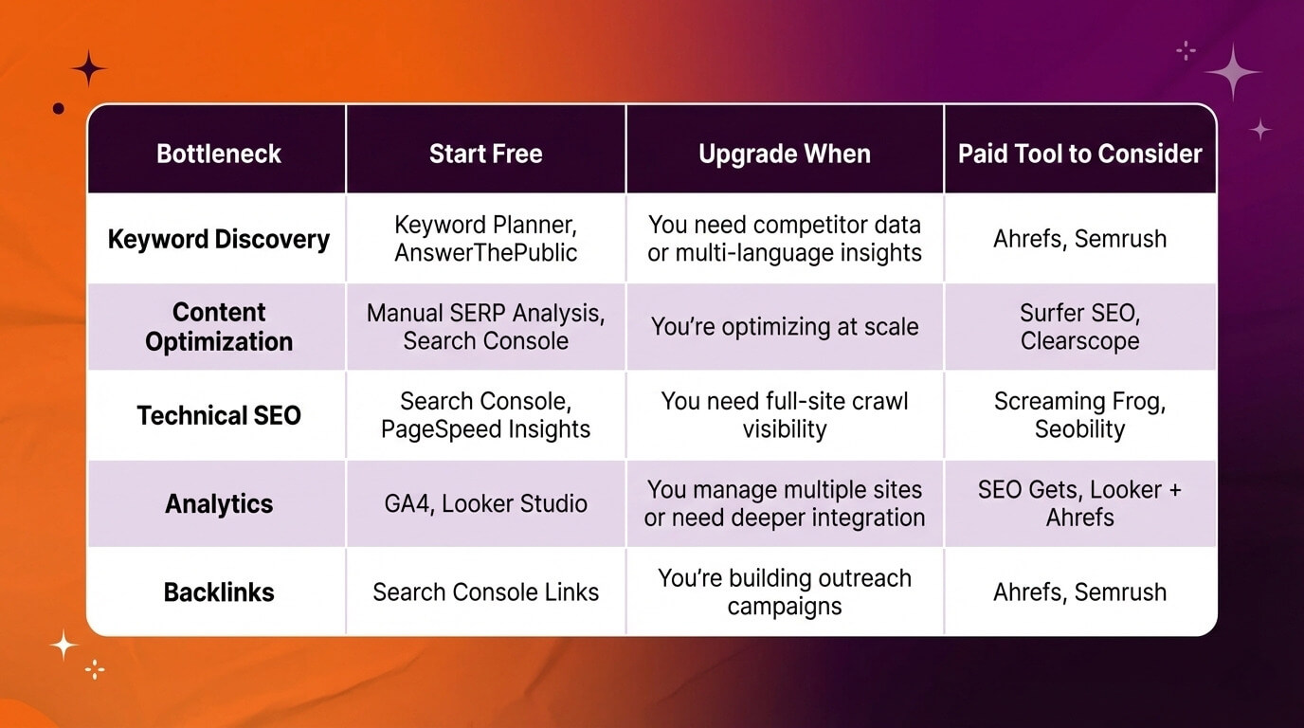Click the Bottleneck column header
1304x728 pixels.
point(218,154)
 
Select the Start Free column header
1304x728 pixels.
point(485,154)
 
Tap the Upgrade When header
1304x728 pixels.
point(784,154)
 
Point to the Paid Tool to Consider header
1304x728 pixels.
point(1079,154)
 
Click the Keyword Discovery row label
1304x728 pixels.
point(218,239)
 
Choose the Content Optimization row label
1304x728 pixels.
point(218,327)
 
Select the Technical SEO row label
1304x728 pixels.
point(218,415)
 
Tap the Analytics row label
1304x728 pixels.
point(218,503)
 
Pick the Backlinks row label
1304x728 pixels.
point(218,592)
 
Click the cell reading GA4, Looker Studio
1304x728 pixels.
point(485,503)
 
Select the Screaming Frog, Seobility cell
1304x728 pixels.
point(1079,415)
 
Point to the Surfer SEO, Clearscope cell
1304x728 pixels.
point(1079,327)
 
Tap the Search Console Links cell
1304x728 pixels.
point(485,592)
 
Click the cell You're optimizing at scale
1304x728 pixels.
point(784,327)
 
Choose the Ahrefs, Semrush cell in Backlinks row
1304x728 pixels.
point(1079,592)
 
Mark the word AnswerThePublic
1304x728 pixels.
point(485,253)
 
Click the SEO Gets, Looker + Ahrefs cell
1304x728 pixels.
point(1079,503)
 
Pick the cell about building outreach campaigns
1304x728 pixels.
point(784,592)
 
